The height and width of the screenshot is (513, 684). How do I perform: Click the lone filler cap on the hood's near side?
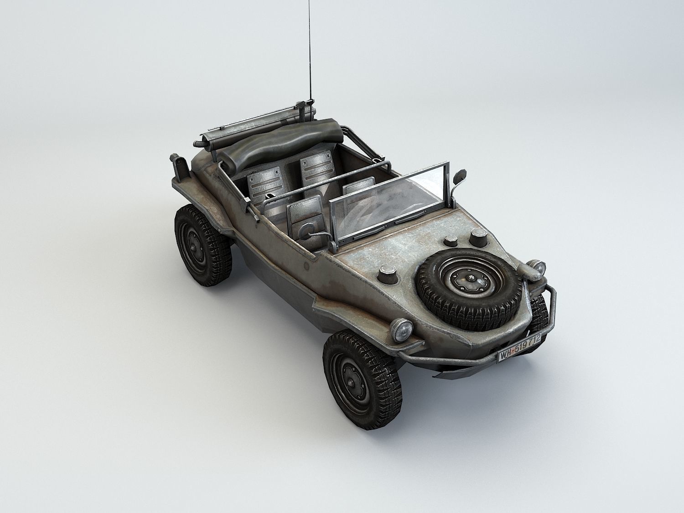388,273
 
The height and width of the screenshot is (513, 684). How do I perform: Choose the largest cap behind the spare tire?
478,236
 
